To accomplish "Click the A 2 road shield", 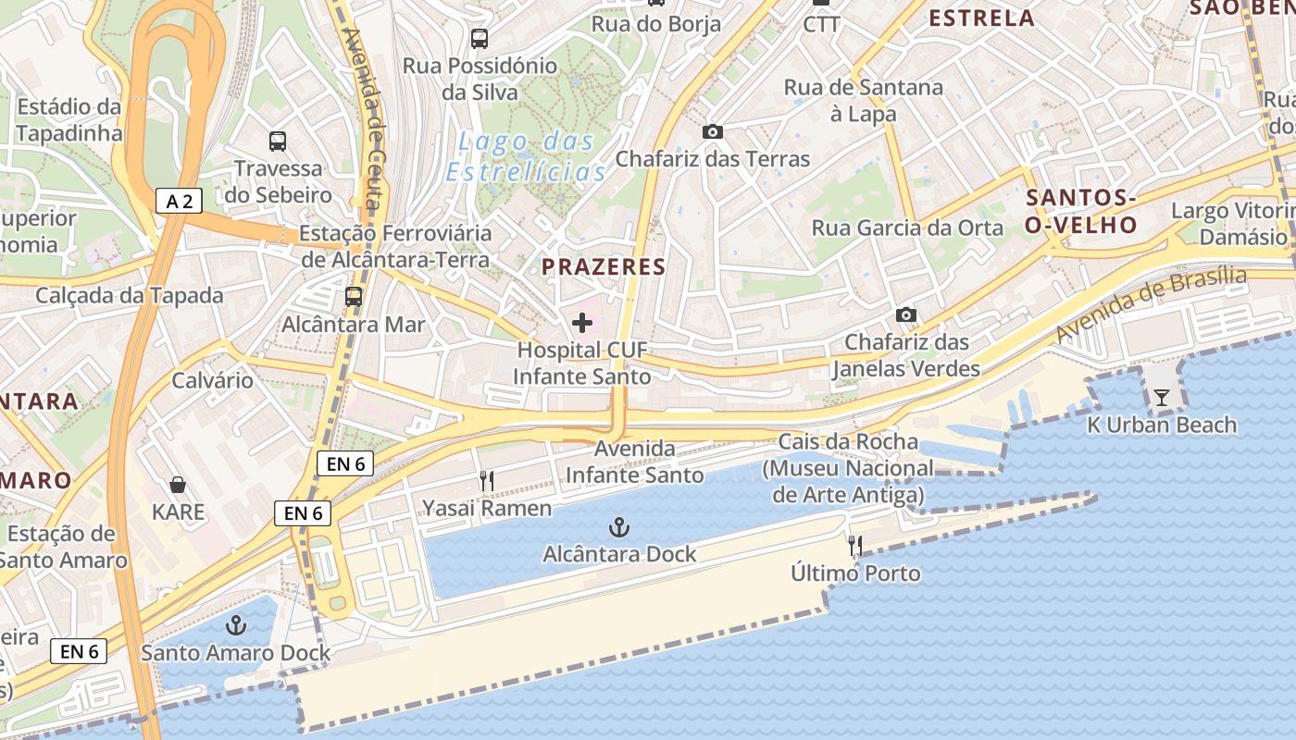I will pyautogui.click(x=179, y=201).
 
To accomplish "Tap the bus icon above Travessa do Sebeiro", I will pyautogui.click(x=278, y=142).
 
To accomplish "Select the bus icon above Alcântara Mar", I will pyautogui.click(x=353, y=297).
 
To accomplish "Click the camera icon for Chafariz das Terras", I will pyautogui.click(x=712, y=132).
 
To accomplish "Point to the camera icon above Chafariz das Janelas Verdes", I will pyautogui.click(x=906, y=315).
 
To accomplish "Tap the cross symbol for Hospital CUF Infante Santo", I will pyautogui.click(x=582, y=323).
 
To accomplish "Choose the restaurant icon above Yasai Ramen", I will pyautogui.click(x=487, y=480).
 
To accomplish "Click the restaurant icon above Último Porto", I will pyautogui.click(x=855, y=546).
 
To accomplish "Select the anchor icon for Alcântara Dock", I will pyautogui.click(x=618, y=528).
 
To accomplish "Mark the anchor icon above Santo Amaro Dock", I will pyautogui.click(x=236, y=625).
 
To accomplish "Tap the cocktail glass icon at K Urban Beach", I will pyautogui.click(x=1162, y=398).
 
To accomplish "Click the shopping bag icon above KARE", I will pyautogui.click(x=178, y=485).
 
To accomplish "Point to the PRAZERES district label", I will pyautogui.click(x=604, y=267).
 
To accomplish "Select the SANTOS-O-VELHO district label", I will pyautogui.click(x=1081, y=211).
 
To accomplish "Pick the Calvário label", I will pyautogui.click(x=213, y=380).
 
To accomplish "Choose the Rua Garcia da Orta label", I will pyautogui.click(x=907, y=228).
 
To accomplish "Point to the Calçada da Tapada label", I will pyautogui.click(x=130, y=296).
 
